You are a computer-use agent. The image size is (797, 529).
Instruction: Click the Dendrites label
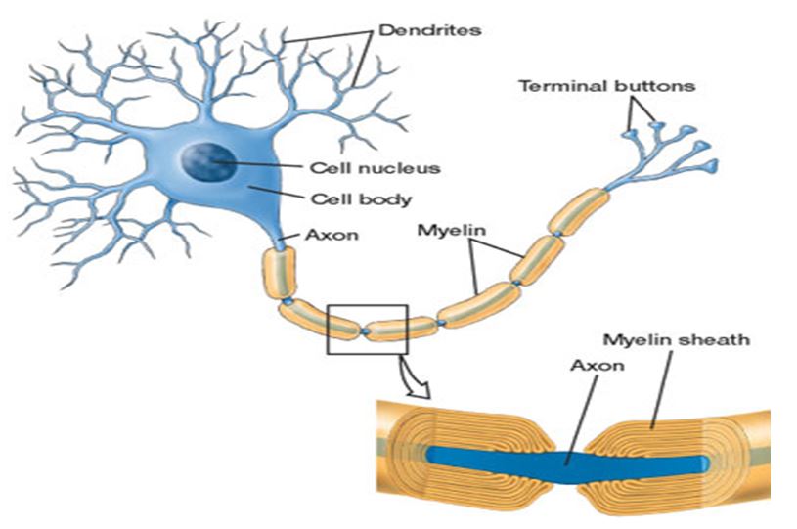pos(430,30)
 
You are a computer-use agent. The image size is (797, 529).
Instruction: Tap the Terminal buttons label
pos(607,86)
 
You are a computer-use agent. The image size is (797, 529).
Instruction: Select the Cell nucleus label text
pos(376,167)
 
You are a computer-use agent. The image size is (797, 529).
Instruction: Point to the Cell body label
pos(361,198)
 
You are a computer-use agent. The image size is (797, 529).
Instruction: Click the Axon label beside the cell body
pos(332,235)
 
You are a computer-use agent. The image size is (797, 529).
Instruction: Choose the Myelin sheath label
pos(677,339)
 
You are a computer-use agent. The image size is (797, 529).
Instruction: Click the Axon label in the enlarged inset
pos(598,366)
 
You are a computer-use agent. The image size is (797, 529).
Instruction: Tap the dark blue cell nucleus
pos(208,161)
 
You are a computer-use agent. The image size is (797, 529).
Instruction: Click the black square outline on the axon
pos(328,330)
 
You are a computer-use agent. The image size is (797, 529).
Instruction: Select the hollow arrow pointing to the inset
pos(416,377)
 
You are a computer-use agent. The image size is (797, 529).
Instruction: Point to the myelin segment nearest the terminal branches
pos(578,211)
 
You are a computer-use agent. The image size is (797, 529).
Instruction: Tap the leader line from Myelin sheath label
pos(660,389)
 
